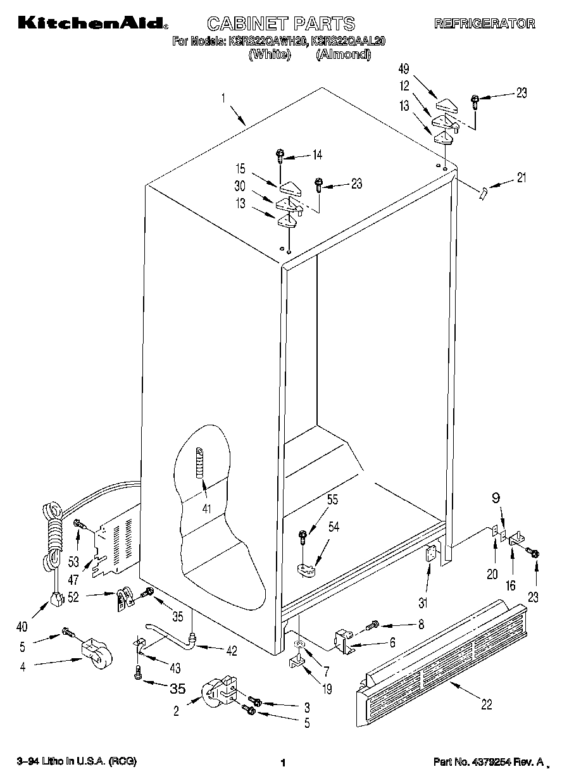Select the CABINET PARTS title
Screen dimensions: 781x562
coord(281,24)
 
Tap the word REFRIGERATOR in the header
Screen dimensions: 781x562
coord(484,24)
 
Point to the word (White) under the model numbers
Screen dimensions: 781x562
coord(270,54)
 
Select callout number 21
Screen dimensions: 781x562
coord(521,178)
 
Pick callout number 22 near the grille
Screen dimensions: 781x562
coord(485,704)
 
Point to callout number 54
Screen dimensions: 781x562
coord(332,527)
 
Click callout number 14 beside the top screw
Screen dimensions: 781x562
coord(317,154)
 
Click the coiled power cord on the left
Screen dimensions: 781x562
coord(53,532)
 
